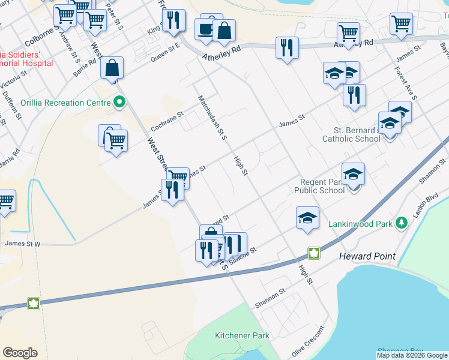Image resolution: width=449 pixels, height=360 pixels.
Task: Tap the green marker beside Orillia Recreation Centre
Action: click(x=119, y=103)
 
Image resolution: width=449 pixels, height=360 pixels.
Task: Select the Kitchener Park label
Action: click(x=242, y=336)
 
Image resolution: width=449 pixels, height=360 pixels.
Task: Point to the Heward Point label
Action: click(x=367, y=256)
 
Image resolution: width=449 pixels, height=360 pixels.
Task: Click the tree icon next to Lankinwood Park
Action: click(x=401, y=224)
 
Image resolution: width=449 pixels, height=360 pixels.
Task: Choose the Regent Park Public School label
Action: click(x=319, y=186)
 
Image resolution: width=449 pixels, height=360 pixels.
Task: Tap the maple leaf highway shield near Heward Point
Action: click(x=313, y=253)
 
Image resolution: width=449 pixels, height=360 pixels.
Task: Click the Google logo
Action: click(x=20, y=353)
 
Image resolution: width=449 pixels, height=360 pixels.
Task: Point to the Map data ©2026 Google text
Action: click(x=412, y=355)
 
